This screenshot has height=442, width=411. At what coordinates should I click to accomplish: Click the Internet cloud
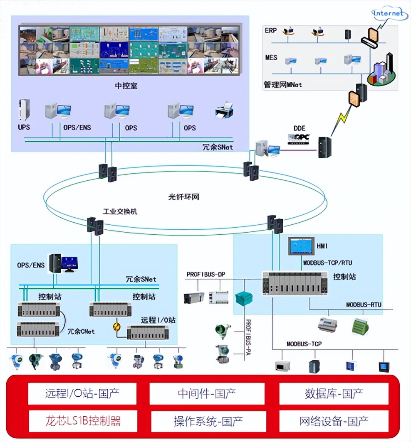pos(389,14)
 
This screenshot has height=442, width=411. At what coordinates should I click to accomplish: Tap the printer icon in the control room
pos(224,110)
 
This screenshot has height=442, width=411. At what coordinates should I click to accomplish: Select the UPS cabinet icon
pos(24,110)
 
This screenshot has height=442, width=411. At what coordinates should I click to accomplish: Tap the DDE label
pos(300,129)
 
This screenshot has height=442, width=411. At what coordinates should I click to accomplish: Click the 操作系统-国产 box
pos(208,421)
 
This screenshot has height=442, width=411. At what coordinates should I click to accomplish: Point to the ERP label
pos(270,31)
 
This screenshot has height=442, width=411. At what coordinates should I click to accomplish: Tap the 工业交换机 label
pos(120,211)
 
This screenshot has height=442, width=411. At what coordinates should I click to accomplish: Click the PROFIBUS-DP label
pos(205,275)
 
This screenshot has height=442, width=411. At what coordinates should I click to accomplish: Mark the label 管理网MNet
pos(282,85)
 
